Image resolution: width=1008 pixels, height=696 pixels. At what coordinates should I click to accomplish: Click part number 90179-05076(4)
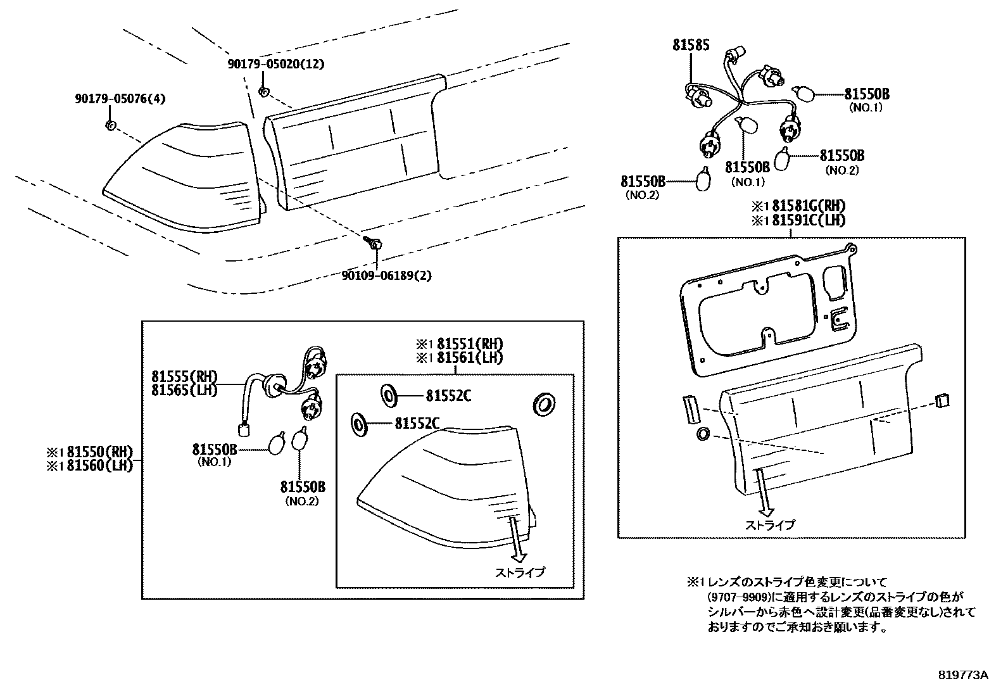[120, 99]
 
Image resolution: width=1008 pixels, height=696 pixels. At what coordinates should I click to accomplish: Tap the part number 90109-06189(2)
[386, 275]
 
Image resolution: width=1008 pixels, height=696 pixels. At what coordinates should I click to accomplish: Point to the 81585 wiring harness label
[691, 45]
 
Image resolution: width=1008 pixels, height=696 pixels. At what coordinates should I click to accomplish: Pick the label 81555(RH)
[184, 376]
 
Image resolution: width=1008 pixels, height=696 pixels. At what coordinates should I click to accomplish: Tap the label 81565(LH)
[184, 390]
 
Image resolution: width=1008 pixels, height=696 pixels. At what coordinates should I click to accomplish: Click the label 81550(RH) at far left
[100, 452]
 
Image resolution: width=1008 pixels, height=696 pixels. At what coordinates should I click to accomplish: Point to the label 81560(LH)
[100, 465]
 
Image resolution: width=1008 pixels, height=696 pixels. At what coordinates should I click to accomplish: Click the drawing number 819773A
[963, 675]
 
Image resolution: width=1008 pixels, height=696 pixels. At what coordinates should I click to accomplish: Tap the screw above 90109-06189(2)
[374, 242]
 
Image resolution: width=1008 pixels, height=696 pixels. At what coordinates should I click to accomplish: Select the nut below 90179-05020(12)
[265, 92]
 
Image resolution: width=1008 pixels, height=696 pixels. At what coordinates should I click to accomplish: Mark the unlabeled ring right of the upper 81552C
[544, 403]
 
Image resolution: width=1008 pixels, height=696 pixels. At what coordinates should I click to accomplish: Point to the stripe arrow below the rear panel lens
[765, 494]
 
